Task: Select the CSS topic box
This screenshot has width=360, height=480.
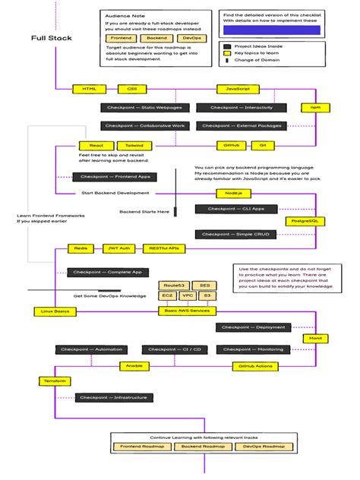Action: click(133, 89)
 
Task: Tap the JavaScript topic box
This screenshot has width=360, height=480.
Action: click(234, 89)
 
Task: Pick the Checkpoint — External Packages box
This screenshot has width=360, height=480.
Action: click(242, 125)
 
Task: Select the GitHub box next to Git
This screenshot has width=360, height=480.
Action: click(231, 144)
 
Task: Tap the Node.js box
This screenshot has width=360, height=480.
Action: click(233, 194)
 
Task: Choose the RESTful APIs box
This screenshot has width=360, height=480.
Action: click(164, 248)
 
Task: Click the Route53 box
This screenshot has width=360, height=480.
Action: click(168, 285)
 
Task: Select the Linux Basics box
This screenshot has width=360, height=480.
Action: click(50, 311)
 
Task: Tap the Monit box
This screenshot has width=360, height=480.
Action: click(315, 337)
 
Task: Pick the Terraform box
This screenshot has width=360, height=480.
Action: click(49, 378)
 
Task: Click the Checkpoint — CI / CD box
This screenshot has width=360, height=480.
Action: click(175, 349)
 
